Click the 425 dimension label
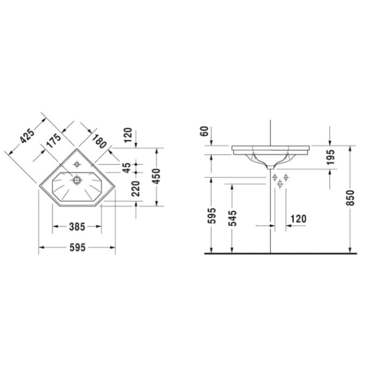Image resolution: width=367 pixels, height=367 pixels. tap(27, 136)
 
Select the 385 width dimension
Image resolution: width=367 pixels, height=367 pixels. tap(77, 225)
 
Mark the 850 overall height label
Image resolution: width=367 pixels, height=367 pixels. tap(349, 200)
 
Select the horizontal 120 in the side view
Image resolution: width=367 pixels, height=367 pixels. tap(298, 219)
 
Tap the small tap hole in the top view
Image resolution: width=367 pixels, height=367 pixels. tap(77, 164)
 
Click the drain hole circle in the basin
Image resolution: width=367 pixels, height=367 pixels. tap(77, 179)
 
